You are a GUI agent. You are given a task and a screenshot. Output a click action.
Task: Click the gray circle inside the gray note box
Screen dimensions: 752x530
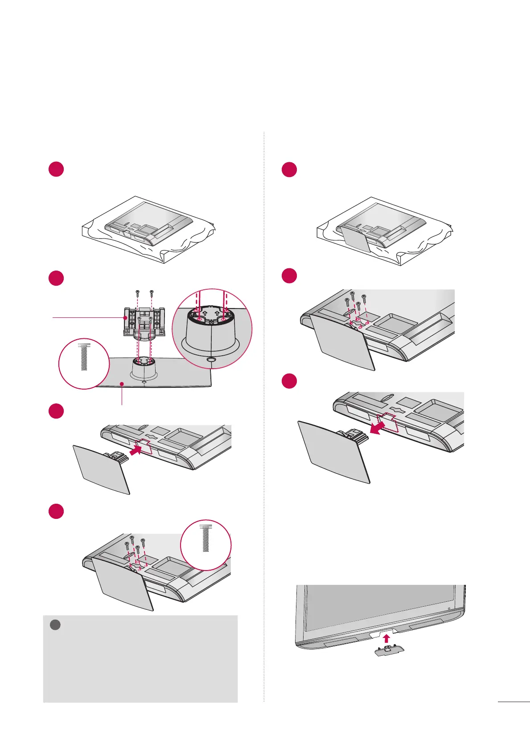tap(55, 625)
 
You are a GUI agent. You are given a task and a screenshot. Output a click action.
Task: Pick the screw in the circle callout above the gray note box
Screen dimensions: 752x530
tap(205, 538)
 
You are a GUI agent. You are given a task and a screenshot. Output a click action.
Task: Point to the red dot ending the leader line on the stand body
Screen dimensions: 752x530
tap(126, 317)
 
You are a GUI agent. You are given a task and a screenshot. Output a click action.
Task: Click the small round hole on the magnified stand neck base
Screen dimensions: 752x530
tap(212, 358)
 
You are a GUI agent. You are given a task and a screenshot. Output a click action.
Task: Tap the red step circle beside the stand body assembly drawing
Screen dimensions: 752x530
tap(56, 278)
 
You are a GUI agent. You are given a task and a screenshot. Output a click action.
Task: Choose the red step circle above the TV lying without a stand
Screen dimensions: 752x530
tap(56, 170)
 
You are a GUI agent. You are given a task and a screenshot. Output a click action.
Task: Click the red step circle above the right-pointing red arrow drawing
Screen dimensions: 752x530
tap(56, 411)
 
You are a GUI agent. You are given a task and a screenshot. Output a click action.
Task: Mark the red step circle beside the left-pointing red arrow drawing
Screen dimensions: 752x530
tap(290, 381)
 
